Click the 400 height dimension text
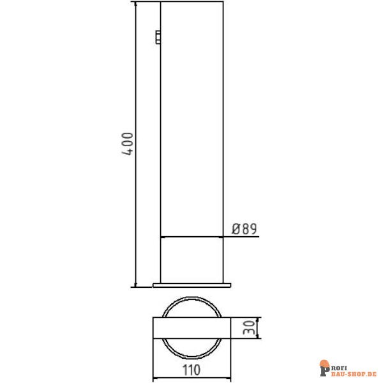(127, 145)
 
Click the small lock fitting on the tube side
(158, 37)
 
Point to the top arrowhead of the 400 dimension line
(135, 4)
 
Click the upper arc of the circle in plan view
(191, 297)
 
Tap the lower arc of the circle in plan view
(191, 359)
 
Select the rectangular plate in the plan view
(191, 328)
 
